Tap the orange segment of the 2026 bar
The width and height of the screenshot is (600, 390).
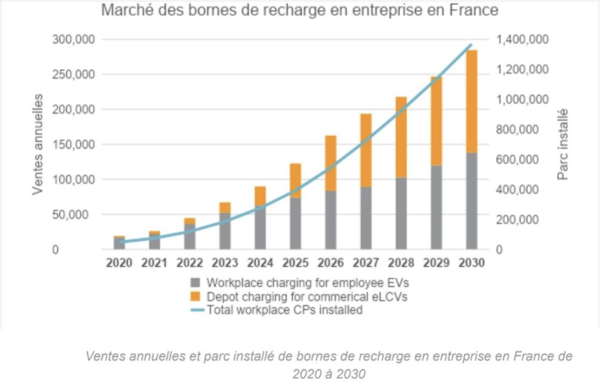coord(330,163)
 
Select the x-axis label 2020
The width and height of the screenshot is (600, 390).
coord(119,263)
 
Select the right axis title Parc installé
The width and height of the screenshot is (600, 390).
coord(563,144)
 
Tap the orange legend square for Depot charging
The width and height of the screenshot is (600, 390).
coord(195,297)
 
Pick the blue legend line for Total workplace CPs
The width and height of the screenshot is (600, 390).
coord(195,310)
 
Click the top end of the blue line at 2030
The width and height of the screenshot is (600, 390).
coord(471,45)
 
